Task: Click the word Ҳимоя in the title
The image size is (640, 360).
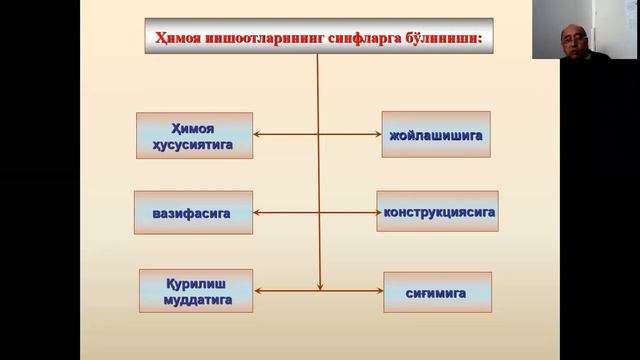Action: (179, 39)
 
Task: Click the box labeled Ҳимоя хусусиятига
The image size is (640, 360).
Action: (194, 135)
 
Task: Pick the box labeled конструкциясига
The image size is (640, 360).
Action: (438, 212)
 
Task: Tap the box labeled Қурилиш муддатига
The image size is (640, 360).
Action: (195, 290)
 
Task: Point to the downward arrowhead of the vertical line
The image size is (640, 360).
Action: (318, 284)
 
